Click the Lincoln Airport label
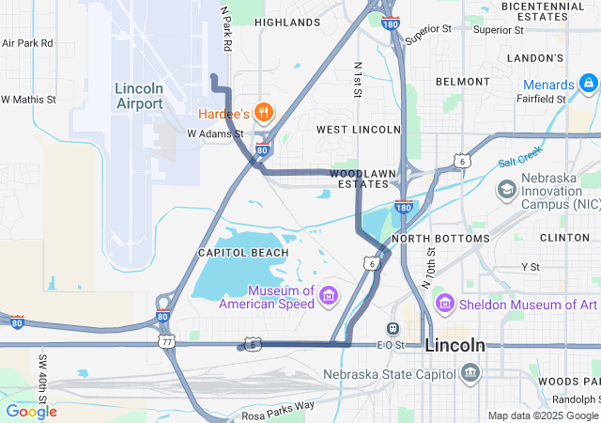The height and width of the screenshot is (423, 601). pyautogui.click(x=139, y=95)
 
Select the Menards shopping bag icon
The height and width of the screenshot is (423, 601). pyautogui.click(x=589, y=85)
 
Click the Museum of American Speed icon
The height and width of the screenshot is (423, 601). pyautogui.click(x=329, y=297)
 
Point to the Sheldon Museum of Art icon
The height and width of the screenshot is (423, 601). pyautogui.click(x=444, y=304)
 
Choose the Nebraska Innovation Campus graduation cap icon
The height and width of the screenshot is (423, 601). pyautogui.click(x=507, y=189)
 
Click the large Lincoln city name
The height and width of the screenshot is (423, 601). pyautogui.click(x=455, y=345)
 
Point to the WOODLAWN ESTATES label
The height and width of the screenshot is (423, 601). pyautogui.click(x=358, y=178)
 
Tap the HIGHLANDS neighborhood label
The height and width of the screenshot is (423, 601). pyautogui.click(x=286, y=22)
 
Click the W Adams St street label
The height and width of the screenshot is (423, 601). pyautogui.click(x=215, y=133)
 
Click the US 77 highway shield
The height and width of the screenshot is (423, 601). pyautogui.click(x=167, y=342)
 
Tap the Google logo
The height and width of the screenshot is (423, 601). pyautogui.click(x=31, y=411)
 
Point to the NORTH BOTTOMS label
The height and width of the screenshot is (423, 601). pyautogui.click(x=440, y=239)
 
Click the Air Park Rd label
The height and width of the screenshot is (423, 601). pyautogui.click(x=27, y=43)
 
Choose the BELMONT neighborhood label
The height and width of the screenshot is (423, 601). pyautogui.click(x=462, y=82)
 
